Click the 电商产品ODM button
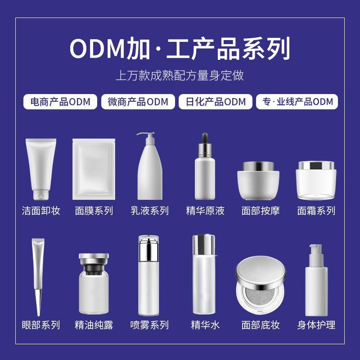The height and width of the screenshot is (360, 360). pyautogui.click(x=60, y=102)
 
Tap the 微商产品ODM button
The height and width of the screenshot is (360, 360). pyautogui.click(x=138, y=102)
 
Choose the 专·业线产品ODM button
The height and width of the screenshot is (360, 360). pyautogui.click(x=297, y=102)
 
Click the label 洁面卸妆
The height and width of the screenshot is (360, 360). pyautogui.click(x=41, y=210)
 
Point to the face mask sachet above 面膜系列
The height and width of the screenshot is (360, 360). pyautogui.click(x=93, y=169)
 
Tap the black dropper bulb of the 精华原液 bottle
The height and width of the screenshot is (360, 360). pyautogui.click(x=205, y=137)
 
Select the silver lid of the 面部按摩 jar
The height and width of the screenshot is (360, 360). pyautogui.click(x=258, y=166)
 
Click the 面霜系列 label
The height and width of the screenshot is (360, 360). pyautogui.click(x=316, y=210)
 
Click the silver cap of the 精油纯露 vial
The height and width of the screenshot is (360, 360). pyautogui.click(x=94, y=258)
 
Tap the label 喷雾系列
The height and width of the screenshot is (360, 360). pyautogui.click(x=149, y=324)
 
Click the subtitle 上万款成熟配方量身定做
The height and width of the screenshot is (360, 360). pyautogui.click(x=180, y=75)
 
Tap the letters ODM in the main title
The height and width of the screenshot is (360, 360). pyautogui.click(x=96, y=49)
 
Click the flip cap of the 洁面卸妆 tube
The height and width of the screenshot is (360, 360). pyautogui.click(x=41, y=194)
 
